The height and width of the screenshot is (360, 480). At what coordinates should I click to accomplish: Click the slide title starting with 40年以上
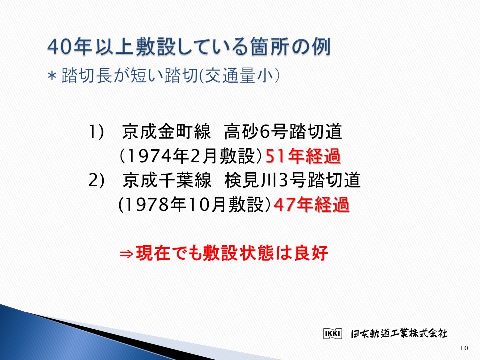click(189, 47)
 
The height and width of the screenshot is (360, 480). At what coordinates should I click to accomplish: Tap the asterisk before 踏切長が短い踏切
click(52, 76)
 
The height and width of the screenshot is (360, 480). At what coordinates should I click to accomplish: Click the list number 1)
click(96, 132)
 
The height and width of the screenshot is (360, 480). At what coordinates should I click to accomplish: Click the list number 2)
click(96, 180)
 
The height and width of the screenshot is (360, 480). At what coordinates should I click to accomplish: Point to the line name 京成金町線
click(166, 132)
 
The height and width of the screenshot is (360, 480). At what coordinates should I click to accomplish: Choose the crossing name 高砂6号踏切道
click(283, 132)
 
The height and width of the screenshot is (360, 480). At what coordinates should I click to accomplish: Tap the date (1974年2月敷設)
click(191, 156)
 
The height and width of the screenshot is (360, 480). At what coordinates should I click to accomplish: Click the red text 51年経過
click(303, 156)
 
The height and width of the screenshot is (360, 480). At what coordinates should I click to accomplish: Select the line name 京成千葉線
click(167, 180)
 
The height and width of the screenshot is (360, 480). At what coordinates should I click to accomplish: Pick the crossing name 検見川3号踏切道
click(292, 180)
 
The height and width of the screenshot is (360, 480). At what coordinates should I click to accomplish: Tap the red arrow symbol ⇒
click(126, 254)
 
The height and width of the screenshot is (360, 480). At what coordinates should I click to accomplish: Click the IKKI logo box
click(333, 333)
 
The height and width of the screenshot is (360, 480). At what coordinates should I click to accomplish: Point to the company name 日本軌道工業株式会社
click(399, 333)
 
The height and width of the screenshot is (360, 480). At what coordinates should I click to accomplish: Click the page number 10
click(464, 348)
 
